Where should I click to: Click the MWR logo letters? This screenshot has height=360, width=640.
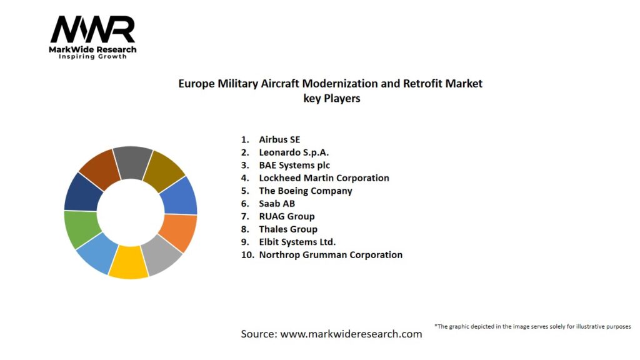[92, 30]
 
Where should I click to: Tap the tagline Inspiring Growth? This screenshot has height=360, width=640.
[92, 57]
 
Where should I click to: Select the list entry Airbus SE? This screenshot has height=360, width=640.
[279, 139]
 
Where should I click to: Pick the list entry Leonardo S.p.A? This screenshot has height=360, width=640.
[294, 152]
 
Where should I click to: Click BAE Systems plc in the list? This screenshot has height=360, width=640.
[294, 165]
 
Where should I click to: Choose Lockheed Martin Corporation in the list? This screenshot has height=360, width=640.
[324, 178]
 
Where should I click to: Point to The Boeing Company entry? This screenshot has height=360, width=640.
[306, 191]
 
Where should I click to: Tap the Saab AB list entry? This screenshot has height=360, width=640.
[277, 204]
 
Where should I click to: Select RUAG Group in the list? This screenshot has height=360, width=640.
[287, 216]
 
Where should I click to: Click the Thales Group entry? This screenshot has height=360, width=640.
[288, 229]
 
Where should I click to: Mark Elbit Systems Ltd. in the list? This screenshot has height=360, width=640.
[297, 242]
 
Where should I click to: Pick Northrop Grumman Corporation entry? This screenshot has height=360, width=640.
[331, 255]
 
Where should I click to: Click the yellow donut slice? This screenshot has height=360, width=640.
[129, 262]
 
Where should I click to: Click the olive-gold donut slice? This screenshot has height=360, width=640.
[164, 169]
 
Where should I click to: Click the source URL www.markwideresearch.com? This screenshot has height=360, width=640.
[351, 334]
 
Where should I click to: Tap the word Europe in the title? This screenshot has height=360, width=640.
[197, 83]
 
